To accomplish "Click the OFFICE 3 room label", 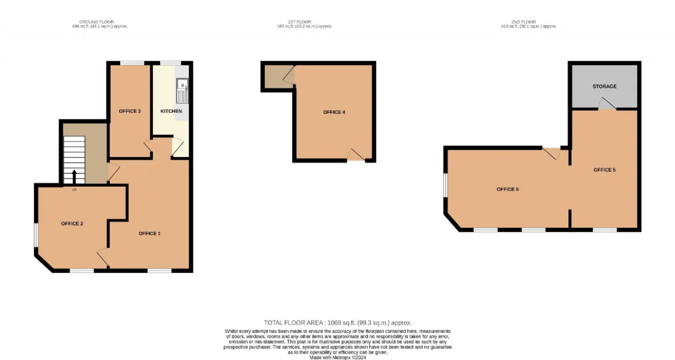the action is coord(130,111).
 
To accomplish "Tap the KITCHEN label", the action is coord(171,111).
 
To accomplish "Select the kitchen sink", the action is coord(182,91).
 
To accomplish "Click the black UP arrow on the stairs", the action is coord(74,177).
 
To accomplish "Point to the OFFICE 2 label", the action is coord(72,223).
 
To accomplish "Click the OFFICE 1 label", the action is coord(149,233).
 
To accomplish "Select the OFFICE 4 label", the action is coord(334,112).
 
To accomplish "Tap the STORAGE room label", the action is coord(604,86).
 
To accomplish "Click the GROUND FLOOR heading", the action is coord(97,22).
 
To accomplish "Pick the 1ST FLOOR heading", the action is coord(299,22).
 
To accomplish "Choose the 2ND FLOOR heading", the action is coord(524,22).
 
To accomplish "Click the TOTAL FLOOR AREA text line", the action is coord(337,323).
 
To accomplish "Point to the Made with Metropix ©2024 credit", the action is coord(337,357).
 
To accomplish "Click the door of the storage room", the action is coord(607,103).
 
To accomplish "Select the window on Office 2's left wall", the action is coord(35,235).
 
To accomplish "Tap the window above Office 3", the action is coord(132,63).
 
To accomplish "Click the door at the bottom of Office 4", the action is coord(356,155).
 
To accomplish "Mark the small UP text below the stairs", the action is coord(74,190).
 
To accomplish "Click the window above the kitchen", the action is coord(170,63).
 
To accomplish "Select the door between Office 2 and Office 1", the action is coord(103,258).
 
